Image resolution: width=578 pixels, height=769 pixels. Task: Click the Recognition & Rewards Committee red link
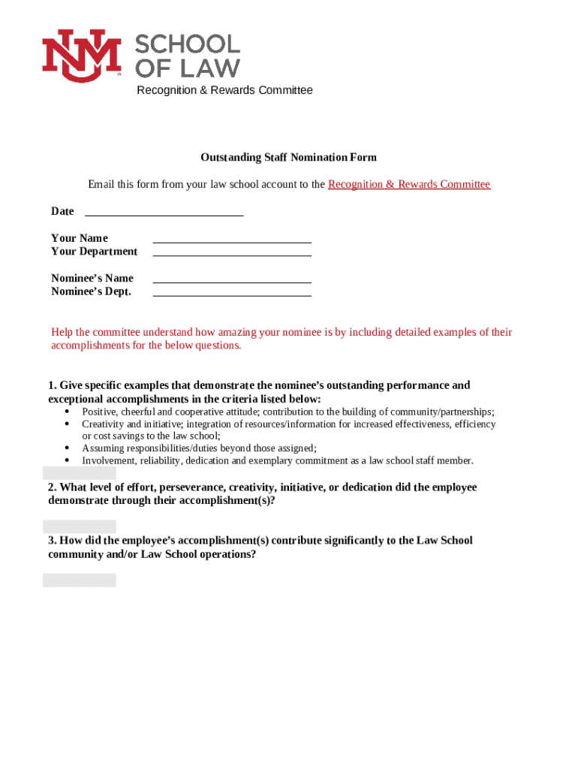[409, 184]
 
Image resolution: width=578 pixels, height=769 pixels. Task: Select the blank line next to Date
[164, 214]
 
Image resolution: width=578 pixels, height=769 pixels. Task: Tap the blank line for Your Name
[232, 241]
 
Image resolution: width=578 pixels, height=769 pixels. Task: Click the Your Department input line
[232, 255]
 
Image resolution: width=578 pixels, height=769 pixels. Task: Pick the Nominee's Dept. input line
[232, 294]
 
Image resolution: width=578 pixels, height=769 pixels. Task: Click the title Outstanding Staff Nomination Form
[288, 158]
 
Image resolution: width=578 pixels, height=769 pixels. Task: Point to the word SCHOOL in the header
[188, 45]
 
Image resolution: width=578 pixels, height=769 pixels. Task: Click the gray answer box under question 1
[80, 473]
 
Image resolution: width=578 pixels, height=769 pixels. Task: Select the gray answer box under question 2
[80, 526]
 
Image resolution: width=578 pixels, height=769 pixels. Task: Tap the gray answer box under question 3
[80, 580]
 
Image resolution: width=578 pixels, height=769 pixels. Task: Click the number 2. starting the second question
[53, 487]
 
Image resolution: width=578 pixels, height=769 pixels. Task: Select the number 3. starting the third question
[53, 541]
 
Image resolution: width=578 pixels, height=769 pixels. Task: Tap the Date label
[62, 211]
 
